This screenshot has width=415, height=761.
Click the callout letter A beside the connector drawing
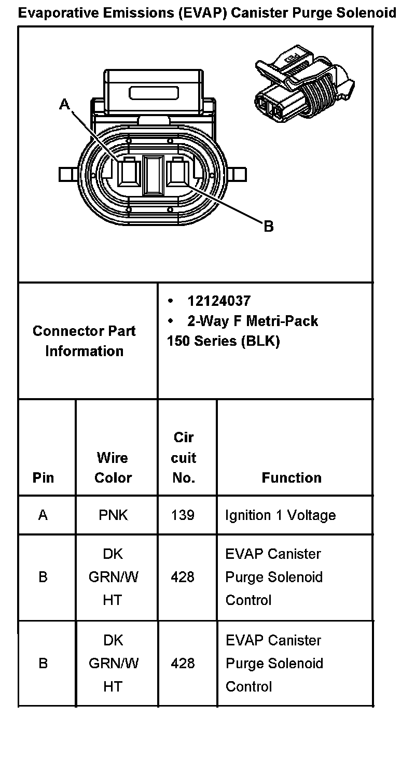[64, 105]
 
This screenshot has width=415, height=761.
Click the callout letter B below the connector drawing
[268, 227]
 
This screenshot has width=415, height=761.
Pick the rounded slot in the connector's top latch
[155, 93]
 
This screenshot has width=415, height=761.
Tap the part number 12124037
[219, 301]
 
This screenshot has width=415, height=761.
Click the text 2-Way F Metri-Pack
[252, 321]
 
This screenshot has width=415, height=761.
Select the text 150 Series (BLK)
[223, 342]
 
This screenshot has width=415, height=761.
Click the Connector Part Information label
[84, 341]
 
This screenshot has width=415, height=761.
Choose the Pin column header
[43, 477]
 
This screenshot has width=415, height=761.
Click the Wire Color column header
[113, 468]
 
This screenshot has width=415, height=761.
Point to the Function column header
[292, 477]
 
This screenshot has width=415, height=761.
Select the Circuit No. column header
[184, 458]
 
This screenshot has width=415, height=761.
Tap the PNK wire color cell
[113, 515]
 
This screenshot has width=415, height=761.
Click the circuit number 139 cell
[183, 515]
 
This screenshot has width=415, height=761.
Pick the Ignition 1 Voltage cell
[280, 515]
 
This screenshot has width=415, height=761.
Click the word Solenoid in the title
[368, 13]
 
